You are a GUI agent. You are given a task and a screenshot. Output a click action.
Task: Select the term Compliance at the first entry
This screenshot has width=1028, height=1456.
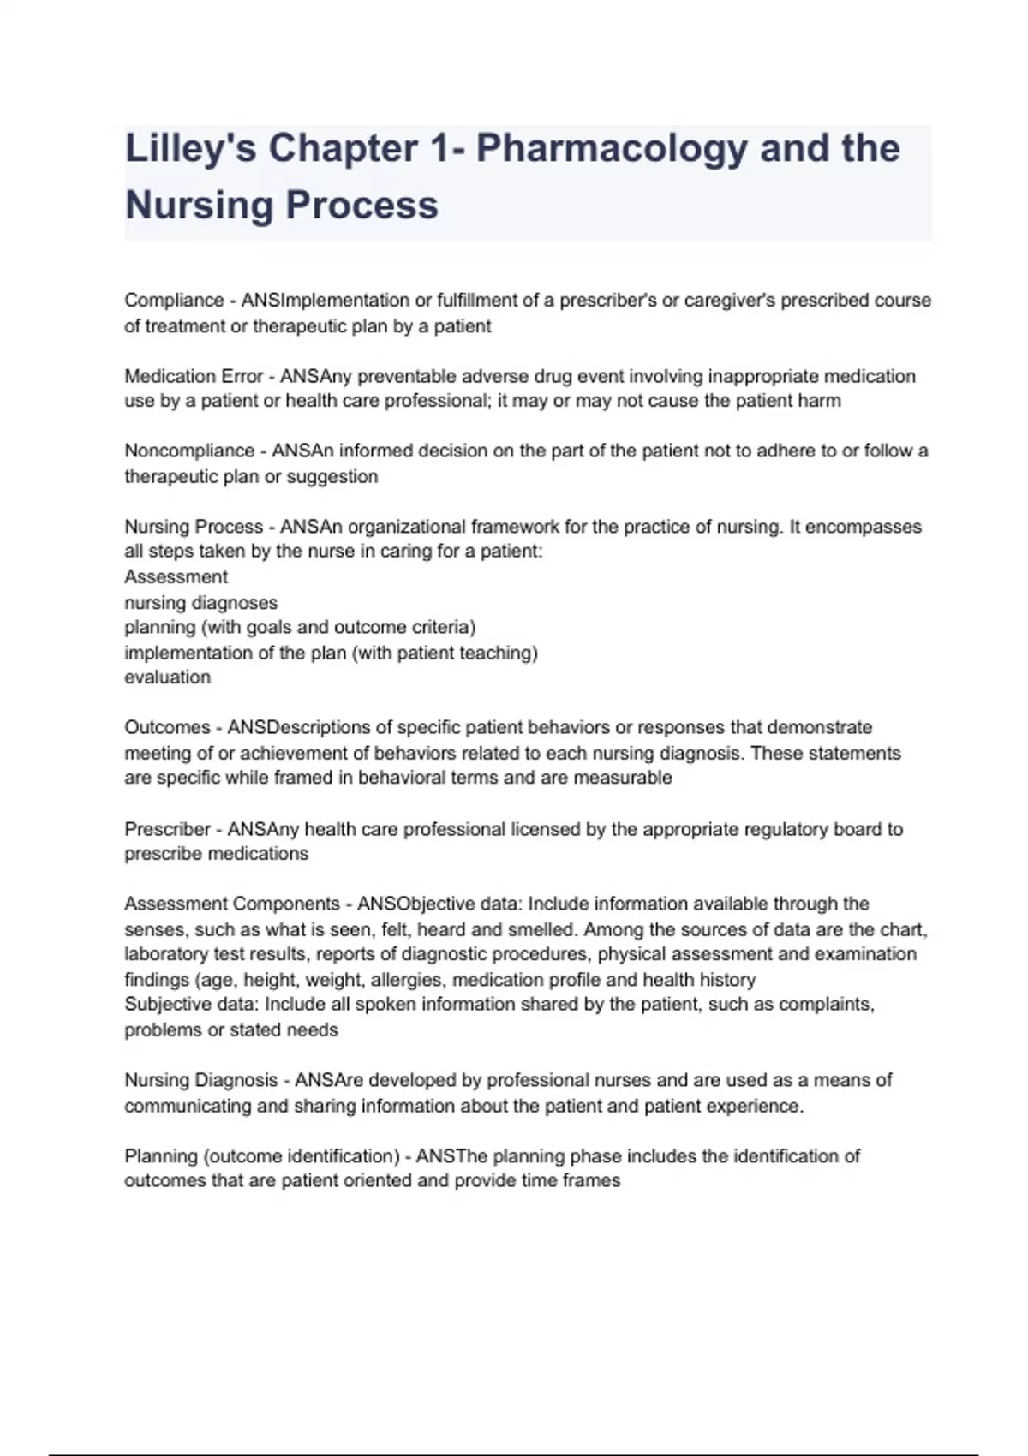(174, 301)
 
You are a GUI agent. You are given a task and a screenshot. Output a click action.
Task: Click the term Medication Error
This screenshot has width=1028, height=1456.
(194, 376)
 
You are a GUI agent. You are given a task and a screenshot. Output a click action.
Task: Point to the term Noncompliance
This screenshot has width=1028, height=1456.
(189, 451)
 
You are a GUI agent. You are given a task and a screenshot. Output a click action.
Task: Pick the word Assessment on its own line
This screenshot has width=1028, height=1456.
(176, 576)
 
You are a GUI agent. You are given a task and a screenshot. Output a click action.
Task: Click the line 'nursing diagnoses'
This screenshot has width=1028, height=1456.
(200, 602)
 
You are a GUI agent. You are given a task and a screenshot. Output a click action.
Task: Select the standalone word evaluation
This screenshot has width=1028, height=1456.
(167, 677)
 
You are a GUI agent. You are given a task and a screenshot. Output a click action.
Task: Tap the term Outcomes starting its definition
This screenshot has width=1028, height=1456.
(167, 727)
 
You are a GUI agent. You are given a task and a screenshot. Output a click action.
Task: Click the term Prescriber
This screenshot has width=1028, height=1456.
(167, 829)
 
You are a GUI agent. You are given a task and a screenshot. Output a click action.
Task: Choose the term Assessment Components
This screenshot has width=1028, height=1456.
(232, 904)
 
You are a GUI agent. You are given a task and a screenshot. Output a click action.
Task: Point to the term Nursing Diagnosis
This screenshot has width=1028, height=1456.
(201, 1080)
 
